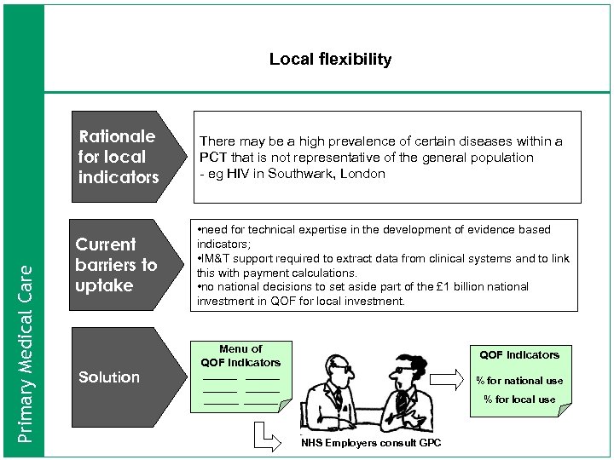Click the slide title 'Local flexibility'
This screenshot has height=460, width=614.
click(x=330, y=60)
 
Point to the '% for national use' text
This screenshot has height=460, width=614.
click(x=519, y=381)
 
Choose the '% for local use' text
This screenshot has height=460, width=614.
click(x=519, y=399)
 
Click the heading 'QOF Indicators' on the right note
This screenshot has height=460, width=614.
click(x=519, y=354)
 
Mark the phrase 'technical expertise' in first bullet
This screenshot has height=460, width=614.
click(x=286, y=230)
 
